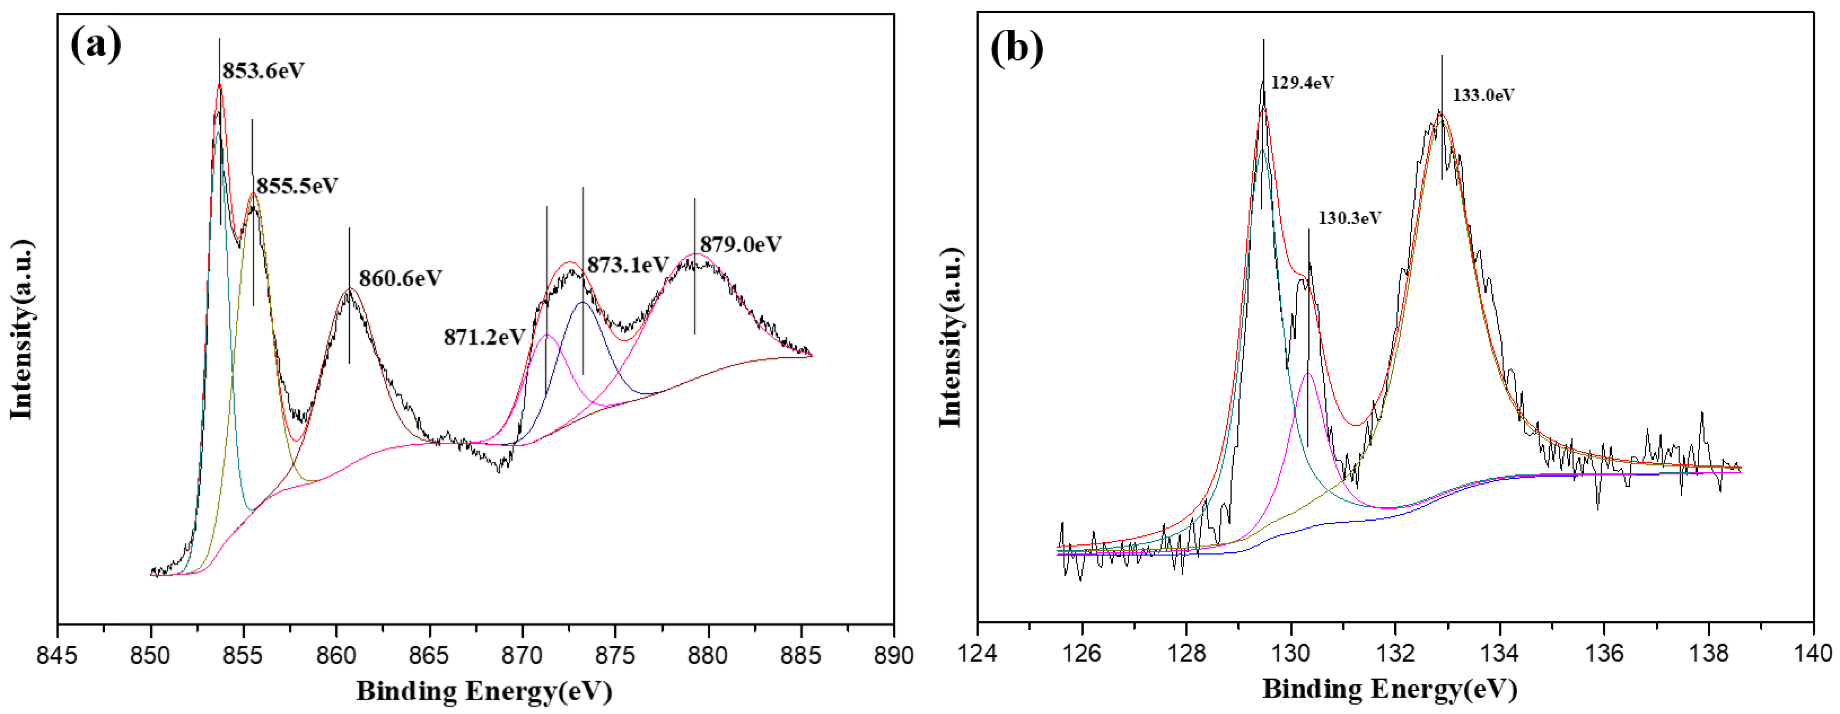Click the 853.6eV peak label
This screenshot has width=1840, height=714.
[263, 71]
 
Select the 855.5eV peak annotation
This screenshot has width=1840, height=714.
[297, 186]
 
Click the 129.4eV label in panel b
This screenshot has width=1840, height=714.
[1302, 83]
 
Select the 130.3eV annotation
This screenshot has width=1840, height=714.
[1349, 218]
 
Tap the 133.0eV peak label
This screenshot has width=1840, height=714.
[1483, 95]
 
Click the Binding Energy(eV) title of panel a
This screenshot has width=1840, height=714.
[484, 691]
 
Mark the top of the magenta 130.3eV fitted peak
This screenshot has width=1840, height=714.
[1309, 373]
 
